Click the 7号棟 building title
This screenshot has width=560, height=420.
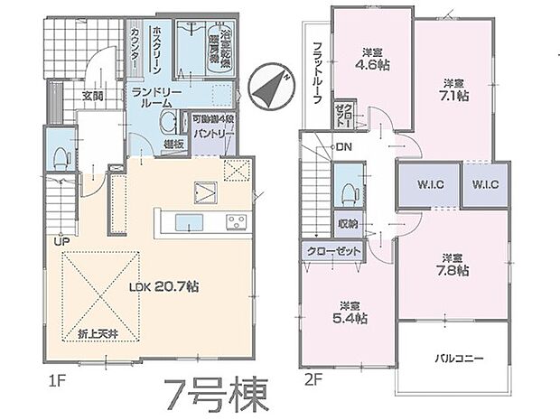point(216,394)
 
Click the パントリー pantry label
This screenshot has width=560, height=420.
point(213,134)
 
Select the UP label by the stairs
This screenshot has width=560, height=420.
point(62,241)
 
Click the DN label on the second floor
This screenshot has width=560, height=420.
point(343,147)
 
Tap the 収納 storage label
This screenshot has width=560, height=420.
point(349,223)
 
